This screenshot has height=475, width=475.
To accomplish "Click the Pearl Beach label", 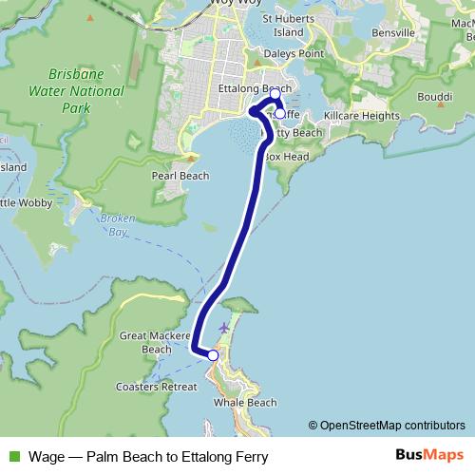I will pos(180,176).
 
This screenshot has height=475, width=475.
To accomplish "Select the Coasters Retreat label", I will pos(156,387).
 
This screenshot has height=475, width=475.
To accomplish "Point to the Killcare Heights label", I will pos(362,115).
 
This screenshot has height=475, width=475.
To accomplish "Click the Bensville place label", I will pos(394,32).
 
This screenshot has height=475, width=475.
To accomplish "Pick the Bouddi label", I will pos(436,98).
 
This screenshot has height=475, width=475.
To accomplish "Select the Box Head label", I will pos(287,156).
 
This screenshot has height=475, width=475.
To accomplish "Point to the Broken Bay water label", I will pos(112,225).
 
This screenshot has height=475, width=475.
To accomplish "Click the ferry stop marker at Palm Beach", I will pos(213,355).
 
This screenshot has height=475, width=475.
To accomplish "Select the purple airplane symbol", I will pos(223,328).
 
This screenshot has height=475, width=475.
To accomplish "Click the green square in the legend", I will pos(12,455).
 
